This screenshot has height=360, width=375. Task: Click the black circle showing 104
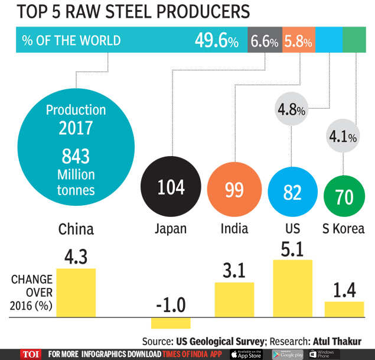[171, 188]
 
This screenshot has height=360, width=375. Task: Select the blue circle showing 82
[293, 193]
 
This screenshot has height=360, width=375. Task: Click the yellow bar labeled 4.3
[76, 293]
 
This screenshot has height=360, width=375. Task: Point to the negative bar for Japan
[171, 322]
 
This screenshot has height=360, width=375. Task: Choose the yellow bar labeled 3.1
[234, 299]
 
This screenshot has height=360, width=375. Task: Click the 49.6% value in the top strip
[217, 41]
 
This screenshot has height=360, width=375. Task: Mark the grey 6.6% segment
[265, 41]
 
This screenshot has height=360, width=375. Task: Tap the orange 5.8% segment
[298, 41]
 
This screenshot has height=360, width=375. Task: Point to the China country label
[76, 229]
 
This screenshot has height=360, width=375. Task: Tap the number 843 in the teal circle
[76, 155]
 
